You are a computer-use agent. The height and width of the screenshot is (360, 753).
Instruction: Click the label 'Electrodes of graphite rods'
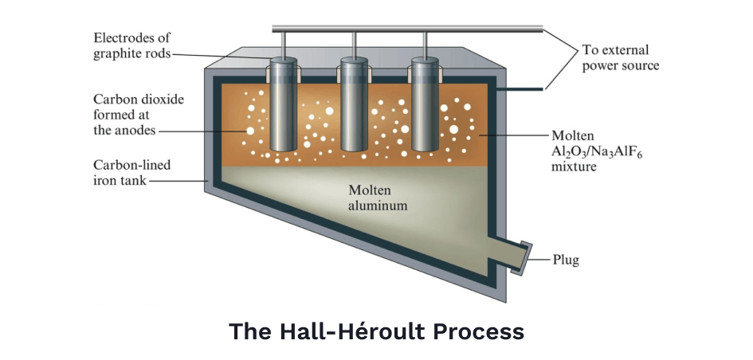[x=131, y=46]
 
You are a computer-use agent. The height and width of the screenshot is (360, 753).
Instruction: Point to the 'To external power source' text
[x=619, y=57]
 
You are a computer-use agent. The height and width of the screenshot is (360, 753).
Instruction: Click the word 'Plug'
[x=567, y=260]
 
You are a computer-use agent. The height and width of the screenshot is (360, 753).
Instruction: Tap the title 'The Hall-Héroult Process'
[x=376, y=331]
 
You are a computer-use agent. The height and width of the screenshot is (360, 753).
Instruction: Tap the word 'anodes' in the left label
[x=135, y=130]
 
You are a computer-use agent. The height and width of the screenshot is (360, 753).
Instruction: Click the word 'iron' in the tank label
[x=106, y=180]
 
